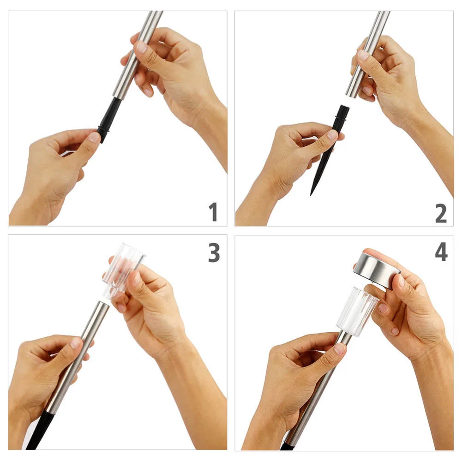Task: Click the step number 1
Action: tap(213, 211)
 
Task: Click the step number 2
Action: tap(441, 213)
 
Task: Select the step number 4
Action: tap(441, 252)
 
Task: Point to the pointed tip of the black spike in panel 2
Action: tap(311, 195)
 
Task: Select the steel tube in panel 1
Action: tap(138, 54)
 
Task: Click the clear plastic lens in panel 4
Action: tap(357, 312)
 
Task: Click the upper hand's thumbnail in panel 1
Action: tap(141, 47)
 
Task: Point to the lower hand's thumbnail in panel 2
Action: tap(332, 135)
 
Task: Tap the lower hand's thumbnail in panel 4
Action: tap(340, 349)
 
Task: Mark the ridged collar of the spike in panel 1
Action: tap(103, 129)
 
